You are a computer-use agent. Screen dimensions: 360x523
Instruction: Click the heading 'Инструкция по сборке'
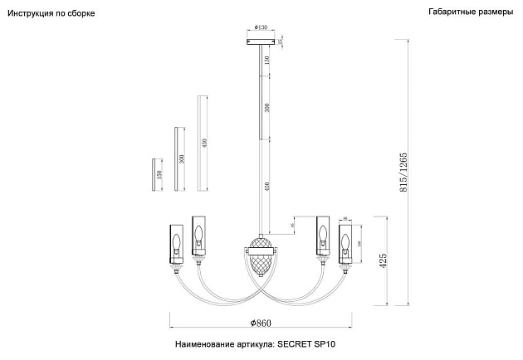51,15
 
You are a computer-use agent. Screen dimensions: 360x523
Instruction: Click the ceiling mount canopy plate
261,39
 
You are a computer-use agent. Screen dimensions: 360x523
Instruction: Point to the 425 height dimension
384,262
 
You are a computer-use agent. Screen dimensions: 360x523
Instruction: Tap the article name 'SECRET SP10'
310,343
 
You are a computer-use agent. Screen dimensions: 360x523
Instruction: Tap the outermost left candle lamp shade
176,241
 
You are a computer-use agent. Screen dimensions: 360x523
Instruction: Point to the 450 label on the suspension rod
266,187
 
